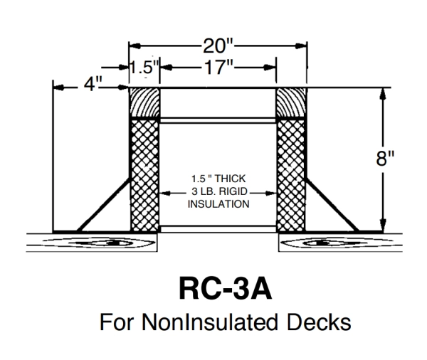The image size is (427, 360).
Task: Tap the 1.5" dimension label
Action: click(x=143, y=69)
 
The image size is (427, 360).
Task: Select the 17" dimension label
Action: click(x=217, y=69)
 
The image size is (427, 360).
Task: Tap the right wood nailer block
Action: click(x=290, y=103)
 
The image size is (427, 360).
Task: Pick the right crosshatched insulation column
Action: click(x=290, y=174)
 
